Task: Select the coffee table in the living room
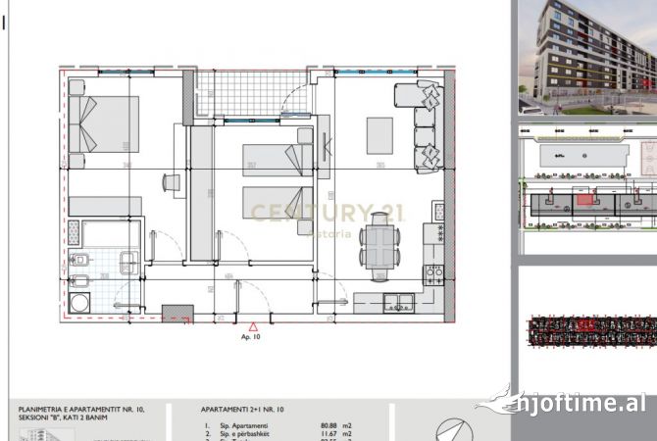pos(379,135)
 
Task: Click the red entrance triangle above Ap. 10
pos(253,324)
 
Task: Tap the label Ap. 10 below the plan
pos(253,336)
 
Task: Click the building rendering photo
pos(586,56)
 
